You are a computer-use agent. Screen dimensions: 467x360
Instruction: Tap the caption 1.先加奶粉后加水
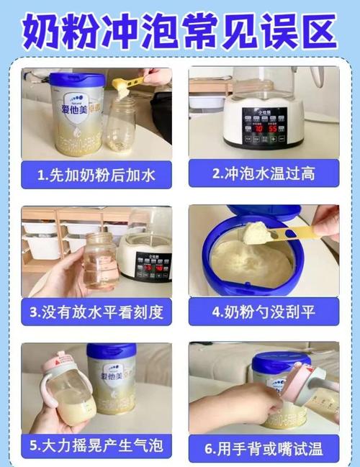click(96, 173)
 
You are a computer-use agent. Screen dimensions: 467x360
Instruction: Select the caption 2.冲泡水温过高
click(264, 173)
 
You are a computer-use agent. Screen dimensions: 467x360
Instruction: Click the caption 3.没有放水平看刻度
click(96, 312)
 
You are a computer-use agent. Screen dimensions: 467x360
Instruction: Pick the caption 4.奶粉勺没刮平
click(264, 312)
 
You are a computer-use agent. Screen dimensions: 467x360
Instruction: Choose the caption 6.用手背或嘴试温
click(264, 449)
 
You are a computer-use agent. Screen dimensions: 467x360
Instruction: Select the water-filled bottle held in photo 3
click(99, 260)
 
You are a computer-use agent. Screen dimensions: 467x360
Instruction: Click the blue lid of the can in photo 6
click(281, 360)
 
